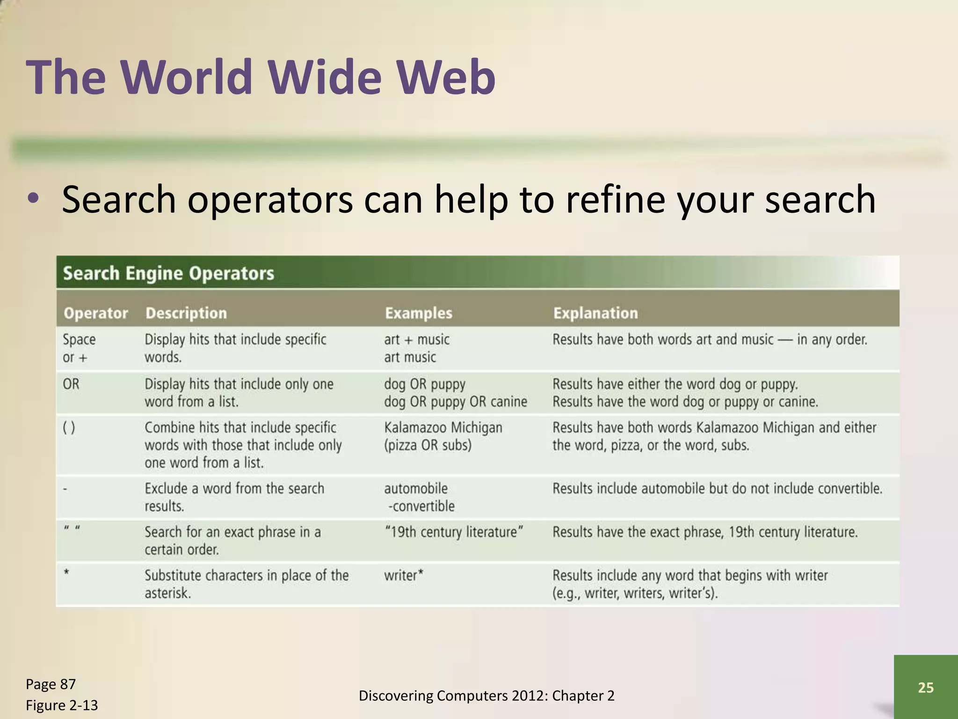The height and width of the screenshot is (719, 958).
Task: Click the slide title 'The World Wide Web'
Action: (261, 77)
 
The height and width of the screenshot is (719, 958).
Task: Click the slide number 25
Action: (925, 687)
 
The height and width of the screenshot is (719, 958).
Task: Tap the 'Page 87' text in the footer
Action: (51, 684)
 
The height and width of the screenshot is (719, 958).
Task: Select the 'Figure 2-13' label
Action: (62, 705)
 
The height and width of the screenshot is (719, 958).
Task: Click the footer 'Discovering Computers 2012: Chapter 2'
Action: (486, 696)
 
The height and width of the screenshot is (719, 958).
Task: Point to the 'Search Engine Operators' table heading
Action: (168, 273)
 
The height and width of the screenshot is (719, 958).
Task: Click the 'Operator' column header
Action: (95, 313)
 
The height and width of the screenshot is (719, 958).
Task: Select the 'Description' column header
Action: (186, 313)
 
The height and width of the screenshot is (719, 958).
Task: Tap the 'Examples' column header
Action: (419, 313)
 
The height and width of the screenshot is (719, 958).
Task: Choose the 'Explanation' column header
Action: (595, 313)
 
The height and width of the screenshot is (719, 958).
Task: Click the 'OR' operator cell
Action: (71, 384)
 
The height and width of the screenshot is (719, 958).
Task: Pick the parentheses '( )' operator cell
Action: (69, 428)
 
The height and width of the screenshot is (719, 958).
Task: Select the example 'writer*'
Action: (404, 575)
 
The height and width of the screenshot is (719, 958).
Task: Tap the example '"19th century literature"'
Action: (453, 532)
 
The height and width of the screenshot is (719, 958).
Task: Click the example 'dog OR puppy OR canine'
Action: (456, 402)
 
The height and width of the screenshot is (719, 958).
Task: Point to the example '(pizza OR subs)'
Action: (428, 445)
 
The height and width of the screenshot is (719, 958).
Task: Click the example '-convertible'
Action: (421, 506)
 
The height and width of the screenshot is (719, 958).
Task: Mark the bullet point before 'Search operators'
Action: (33, 199)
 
